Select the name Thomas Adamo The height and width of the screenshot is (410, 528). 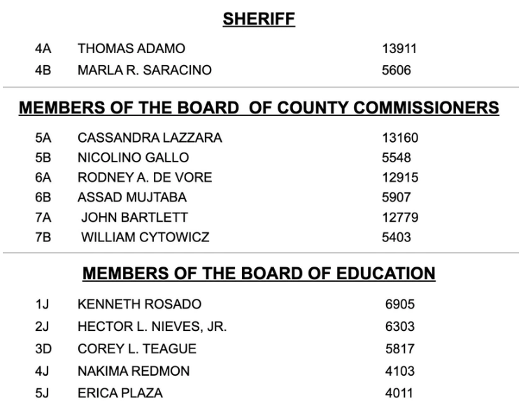point(131,49)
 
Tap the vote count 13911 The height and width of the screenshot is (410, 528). point(399,49)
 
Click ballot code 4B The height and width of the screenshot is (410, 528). point(43,70)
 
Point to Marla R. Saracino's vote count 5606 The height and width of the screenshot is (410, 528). point(397,70)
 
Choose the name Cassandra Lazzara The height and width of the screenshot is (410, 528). point(150,138)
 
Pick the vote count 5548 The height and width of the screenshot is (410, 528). point(397,157)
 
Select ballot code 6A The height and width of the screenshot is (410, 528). point(43,178)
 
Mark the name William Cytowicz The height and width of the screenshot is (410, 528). point(145,237)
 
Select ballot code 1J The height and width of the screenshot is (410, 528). point(42,304)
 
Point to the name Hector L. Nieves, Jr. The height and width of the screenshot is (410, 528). point(152,327)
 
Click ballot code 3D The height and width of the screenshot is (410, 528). point(43,348)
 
